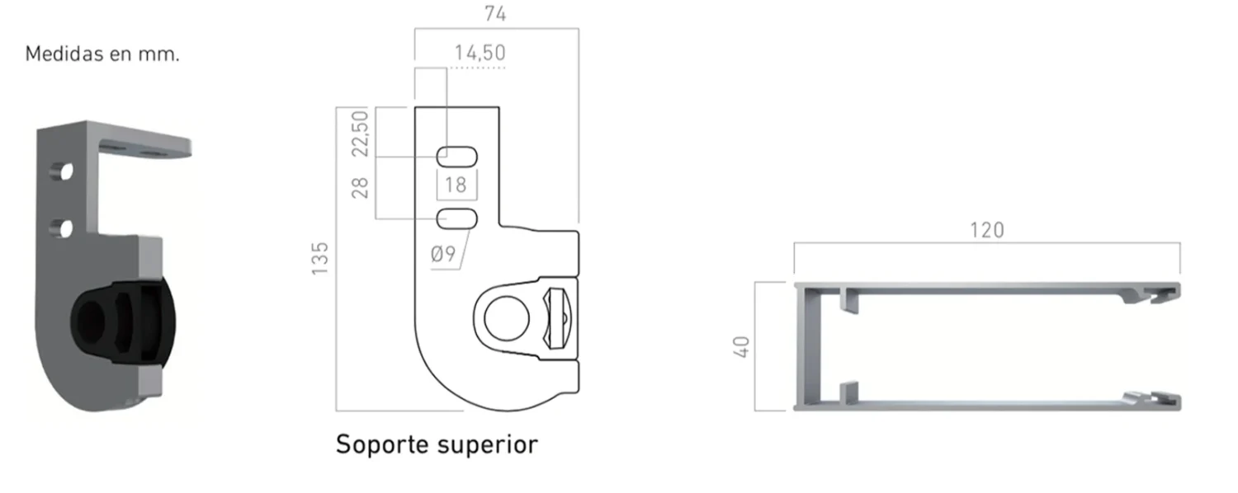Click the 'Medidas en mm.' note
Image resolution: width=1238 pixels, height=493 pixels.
[x=102, y=54]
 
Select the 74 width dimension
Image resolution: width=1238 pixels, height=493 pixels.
[x=495, y=13]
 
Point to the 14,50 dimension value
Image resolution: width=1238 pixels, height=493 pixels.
[x=480, y=53]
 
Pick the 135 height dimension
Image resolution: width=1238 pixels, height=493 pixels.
[x=320, y=258]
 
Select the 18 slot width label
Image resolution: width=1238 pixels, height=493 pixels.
[x=455, y=185]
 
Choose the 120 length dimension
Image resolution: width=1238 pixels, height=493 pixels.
[x=986, y=230]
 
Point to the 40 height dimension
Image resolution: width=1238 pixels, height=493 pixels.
[x=742, y=346]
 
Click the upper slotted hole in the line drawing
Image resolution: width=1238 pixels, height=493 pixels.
[x=456, y=154]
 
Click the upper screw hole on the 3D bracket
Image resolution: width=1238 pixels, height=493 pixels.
[x=64, y=172]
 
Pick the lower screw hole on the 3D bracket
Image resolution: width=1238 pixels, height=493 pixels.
[x=64, y=227]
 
